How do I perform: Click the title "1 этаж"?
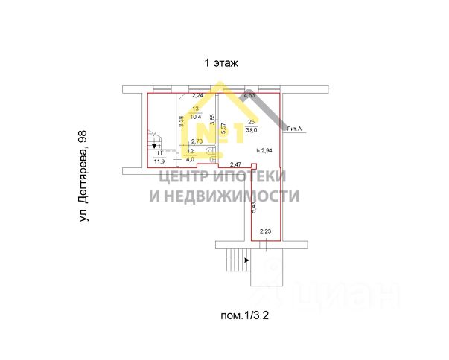221,63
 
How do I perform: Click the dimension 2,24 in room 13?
198,96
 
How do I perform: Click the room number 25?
252,121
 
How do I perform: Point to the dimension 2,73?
198,141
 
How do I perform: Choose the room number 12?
191,150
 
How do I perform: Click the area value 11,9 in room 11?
159,159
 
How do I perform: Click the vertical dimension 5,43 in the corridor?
254,208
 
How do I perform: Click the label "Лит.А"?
296,129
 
